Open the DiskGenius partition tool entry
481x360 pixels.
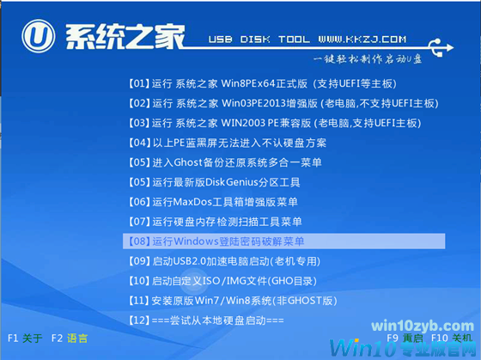[214, 182]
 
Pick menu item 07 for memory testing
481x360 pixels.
[213, 222]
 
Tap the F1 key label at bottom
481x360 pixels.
[13, 339]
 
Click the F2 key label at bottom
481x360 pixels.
[58, 339]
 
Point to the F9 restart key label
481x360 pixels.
[393, 339]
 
